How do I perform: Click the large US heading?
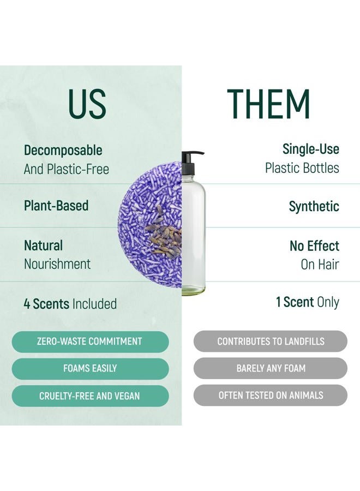tap(87, 103)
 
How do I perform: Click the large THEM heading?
tap(268, 104)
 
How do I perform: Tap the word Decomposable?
tap(63, 151)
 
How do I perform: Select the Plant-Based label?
tap(56, 206)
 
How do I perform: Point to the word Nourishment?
tap(57, 264)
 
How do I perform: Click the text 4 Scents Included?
tap(70, 303)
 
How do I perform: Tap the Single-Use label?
tap(310, 149)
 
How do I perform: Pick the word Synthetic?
tap(314, 206)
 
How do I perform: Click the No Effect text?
tap(314, 245)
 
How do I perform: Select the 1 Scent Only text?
tap(308, 302)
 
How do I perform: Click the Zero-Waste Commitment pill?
tap(89, 342)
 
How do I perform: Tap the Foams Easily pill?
tap(89, 368)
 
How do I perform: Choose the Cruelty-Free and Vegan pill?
tap(89, 396)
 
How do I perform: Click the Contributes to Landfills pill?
tap(271, 342)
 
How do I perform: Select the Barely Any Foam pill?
tap(271, 368)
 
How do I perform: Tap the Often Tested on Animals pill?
tap(271, 396)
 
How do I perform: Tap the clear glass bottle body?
tap(194, 240)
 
